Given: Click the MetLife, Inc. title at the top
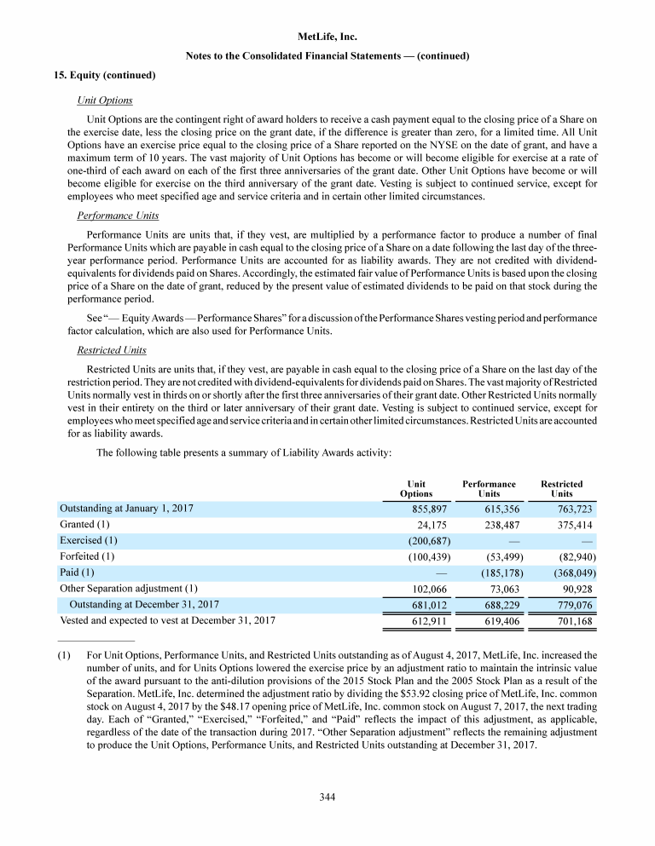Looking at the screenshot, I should (328, 37).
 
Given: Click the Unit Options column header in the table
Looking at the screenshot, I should (416, 489).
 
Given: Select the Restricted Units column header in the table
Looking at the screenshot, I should (561, 489).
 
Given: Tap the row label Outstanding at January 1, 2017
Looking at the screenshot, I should (126, 509).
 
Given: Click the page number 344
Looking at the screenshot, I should (327, 797).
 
